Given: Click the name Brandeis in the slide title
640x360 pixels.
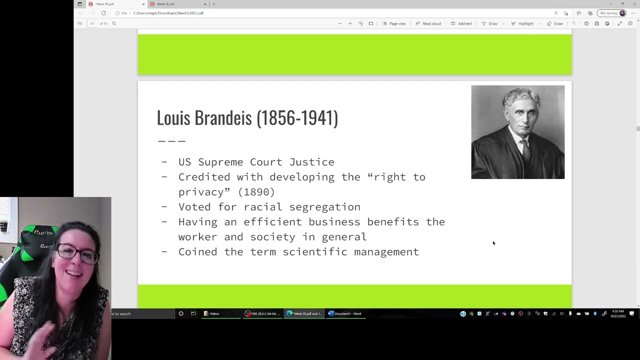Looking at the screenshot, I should [x=223, y=118].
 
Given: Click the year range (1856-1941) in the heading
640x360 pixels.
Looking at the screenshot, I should [x=297, y=118].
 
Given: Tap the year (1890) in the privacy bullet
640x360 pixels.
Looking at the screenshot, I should [x=256, y=192].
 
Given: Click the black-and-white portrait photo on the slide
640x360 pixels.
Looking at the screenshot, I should [x=517, y=132].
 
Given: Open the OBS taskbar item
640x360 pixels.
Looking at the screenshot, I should [x=262, y=313].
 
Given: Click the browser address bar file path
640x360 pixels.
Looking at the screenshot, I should [x=168, y=13].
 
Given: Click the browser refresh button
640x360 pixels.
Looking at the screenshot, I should [x=103, y=13].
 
